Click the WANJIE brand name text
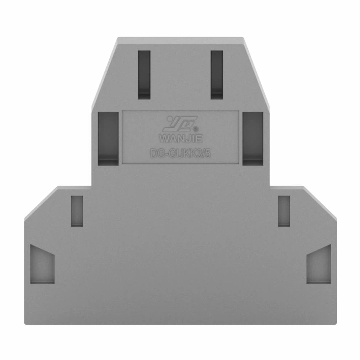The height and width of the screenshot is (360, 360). (x=181, y=139)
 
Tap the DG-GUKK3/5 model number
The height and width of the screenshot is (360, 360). (x=180, y=154)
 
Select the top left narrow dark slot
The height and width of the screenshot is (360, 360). (x=144, y=75)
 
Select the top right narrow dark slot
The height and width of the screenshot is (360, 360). (x=217, y=75)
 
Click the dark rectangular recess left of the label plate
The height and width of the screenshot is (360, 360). (x=108, y=139)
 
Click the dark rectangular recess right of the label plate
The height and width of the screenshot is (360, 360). (x=253, y=139)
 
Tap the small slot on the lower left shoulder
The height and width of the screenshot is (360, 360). (x=77, y=211)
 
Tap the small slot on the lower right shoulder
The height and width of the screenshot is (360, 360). (x=284, y=211)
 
